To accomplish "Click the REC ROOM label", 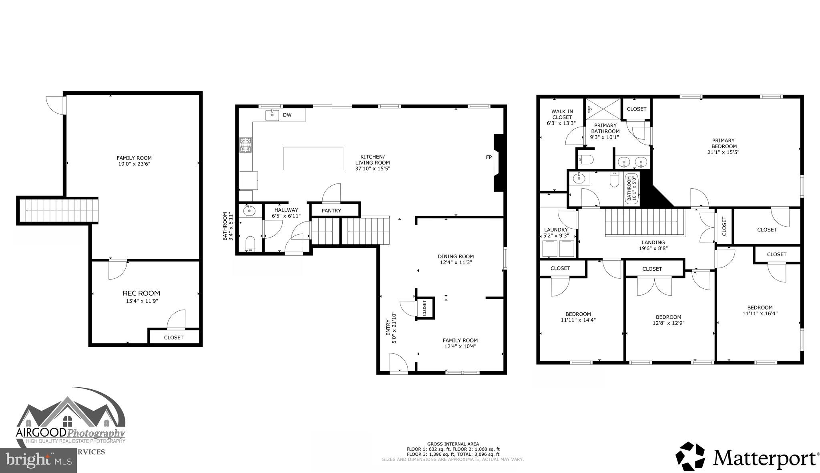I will [141, 293].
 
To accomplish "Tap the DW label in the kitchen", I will [287, 115].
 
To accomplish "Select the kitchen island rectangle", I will [313, 159].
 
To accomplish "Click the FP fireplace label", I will [488, 157].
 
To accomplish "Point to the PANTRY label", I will [331, 211].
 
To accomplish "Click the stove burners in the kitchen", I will [245, 145].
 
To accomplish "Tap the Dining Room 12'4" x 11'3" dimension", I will [456, 263].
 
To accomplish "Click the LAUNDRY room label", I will [556, 230].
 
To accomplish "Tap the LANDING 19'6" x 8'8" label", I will [653, 245].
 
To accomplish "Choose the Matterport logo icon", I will [690, 456].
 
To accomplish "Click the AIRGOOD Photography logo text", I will [70, 433].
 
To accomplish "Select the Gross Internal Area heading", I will [452, 444].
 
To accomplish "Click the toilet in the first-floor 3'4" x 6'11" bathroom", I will [250, 244].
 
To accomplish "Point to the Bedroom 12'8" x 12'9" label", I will [668, 320].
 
